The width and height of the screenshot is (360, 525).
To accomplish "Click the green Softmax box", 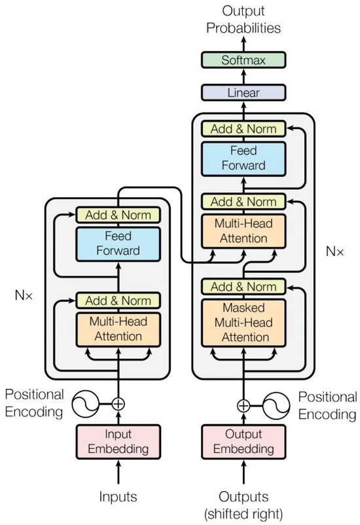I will click(x=243, y=61).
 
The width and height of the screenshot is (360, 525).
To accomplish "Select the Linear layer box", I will click(x=243, y=94).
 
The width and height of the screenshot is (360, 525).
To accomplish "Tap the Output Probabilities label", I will click(x=243, y=20).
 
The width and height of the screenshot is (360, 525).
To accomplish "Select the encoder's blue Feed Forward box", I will click(x=118, y=243).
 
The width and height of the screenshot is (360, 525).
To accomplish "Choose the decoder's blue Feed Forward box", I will click(x=243, y=158).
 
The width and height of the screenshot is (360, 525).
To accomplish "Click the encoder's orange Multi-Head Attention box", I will click(x=118, y=329).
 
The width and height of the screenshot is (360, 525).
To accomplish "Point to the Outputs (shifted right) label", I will click(x=243, y=504).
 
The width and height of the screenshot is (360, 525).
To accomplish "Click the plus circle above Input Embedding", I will click(x=118, y=404).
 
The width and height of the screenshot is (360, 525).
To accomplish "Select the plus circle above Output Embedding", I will click(x=243, y=405).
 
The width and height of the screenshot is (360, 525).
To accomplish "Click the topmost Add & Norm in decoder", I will click(x=243, y=129).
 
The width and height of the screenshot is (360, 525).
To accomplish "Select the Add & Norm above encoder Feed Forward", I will click(x=118, y=215).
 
